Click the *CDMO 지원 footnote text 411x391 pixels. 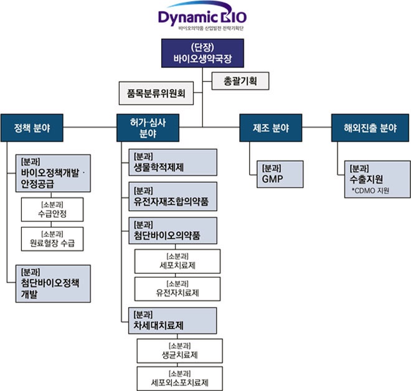(x=371, y=191)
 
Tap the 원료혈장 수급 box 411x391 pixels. (x=52, y=240)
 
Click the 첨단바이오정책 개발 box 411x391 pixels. (x=54, y=285)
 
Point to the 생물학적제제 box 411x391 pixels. (x=172, y=164)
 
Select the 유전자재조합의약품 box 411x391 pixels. (x=172, y=198)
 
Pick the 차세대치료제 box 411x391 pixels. (x=172, y=321)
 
